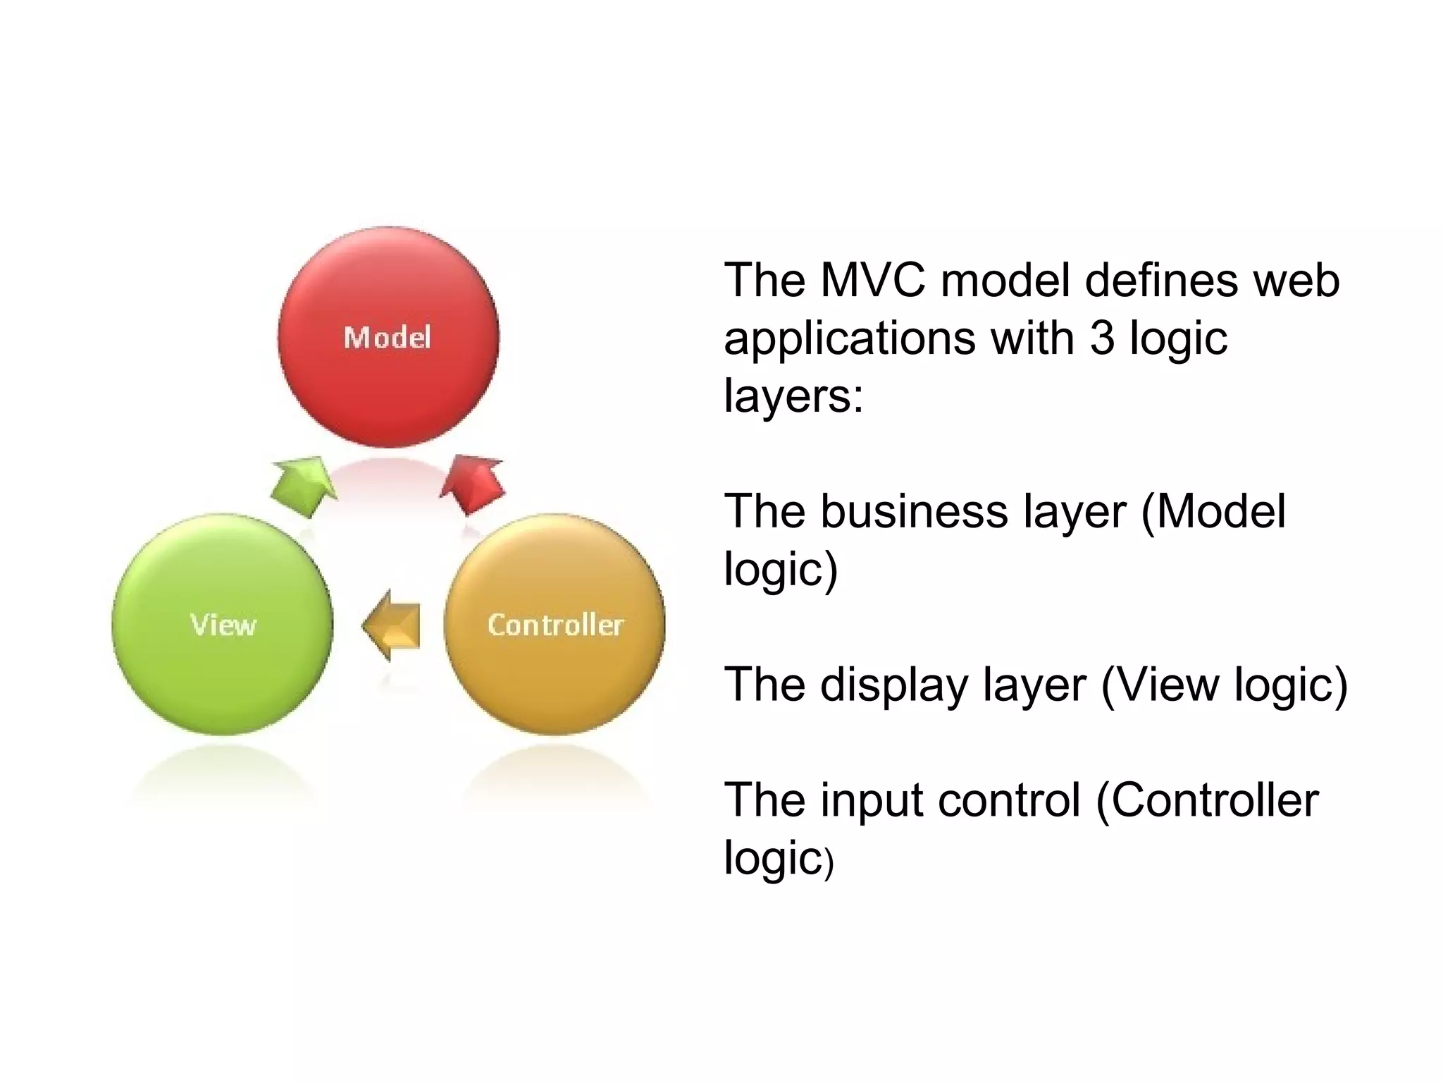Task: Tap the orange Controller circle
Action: pyautogui.click(x=555, y=677)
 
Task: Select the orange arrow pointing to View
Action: pyautogui.click(x=394, y=625)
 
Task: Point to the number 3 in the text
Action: pyautogui.click(x=1102, y=338)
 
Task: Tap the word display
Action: pyautogui.click(x=895, y=685)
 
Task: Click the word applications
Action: pyautogui.click(x=850, y=339)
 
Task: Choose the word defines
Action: pyautogui.click(x=1161, y=281)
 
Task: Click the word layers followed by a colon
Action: pyautogui.click(x=793, y=396)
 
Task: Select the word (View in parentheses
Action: pyautogui.click(x=1160, y=685)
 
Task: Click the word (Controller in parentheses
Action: pyautogui.click(x=1207, y=801)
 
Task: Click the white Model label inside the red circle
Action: pyautogui.click(x=387, y=338)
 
